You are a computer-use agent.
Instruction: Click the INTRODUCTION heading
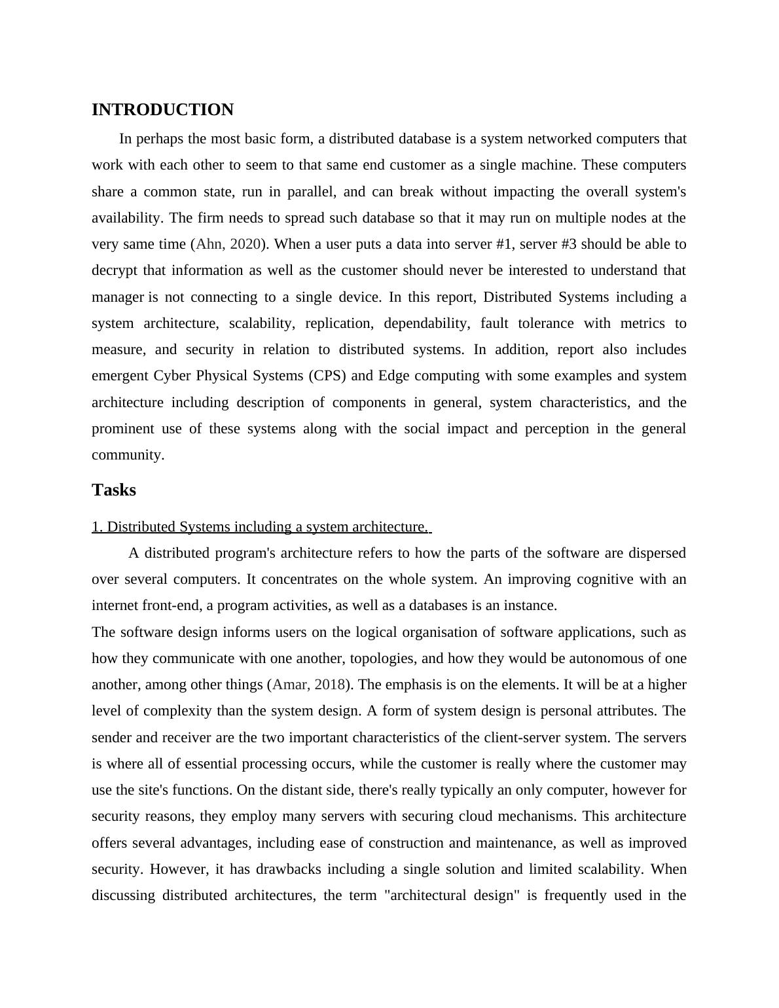coord(162,110)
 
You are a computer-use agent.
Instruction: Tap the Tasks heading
coord(114,490)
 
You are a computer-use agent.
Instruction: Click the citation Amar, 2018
coord(308,685)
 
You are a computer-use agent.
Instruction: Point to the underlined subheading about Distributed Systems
coord(261,527)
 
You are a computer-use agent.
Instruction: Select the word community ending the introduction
coord(128,455)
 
